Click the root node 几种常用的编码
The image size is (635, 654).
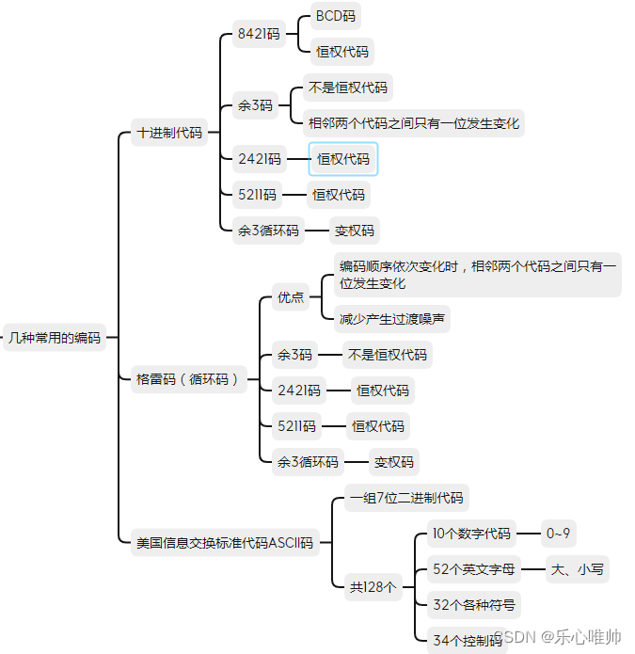click(54, 337)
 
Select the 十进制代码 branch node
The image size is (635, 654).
click(169, 133)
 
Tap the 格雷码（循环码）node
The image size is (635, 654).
click(187, 379)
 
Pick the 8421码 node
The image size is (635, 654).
click(259, 34)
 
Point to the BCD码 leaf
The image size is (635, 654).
click(336, 16)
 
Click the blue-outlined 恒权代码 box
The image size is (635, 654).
click(343, 159)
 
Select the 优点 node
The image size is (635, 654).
click(290, 297)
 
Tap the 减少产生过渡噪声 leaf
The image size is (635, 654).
click(393, 319)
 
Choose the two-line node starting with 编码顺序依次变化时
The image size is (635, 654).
click(478, 275)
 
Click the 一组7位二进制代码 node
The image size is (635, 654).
click(405, 498)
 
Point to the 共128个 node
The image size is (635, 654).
click(373, 586)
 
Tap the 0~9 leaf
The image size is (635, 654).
click(558, 534)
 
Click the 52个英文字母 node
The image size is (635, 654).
click(474, 568)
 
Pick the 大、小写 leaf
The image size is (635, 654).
click(578, 568)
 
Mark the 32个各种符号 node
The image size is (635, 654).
click(473, 604)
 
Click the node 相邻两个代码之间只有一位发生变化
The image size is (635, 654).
click(414, 122)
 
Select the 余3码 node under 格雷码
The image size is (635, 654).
click(294, 355)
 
